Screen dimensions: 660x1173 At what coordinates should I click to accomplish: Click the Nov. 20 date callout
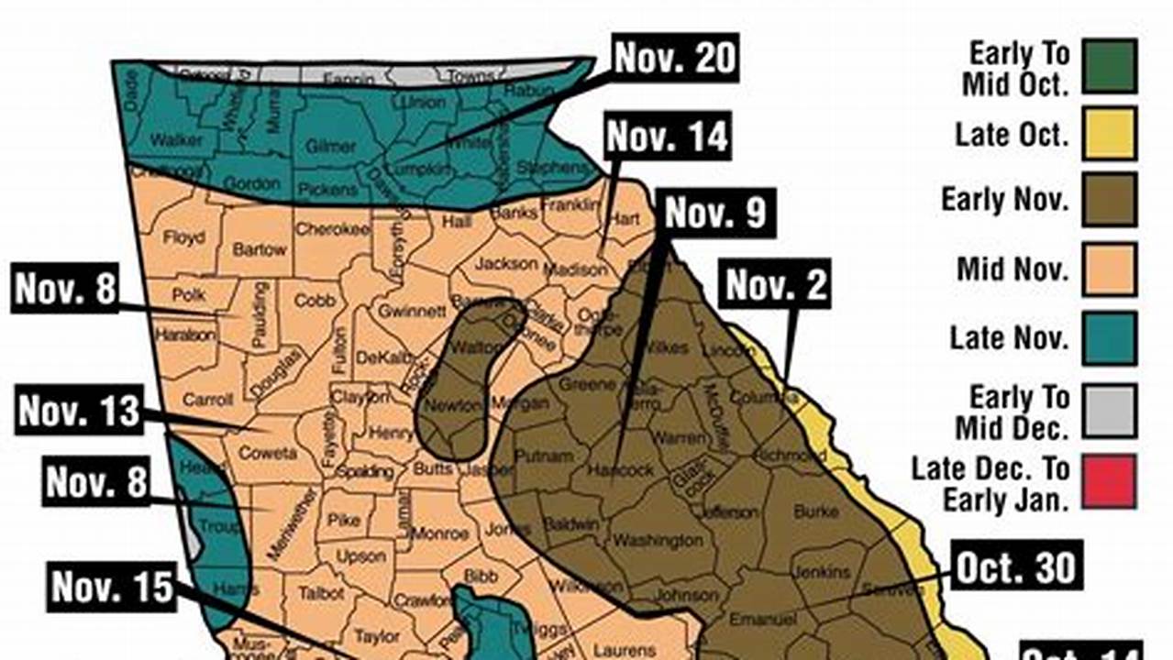click(675, 57)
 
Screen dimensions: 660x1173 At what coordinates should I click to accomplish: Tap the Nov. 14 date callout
click(667, 137)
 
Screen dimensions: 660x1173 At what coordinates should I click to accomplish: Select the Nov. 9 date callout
click(714, 212)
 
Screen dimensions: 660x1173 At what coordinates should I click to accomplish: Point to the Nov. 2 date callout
click(777, 285)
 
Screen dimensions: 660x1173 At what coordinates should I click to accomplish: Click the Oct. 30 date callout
click(1016, 567)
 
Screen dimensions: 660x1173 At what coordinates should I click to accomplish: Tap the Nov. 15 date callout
click(112, 586)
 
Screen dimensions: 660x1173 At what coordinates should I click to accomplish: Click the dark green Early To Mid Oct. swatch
click(1109, 67)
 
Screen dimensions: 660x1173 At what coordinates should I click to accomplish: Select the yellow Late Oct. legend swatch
click(1109, 133)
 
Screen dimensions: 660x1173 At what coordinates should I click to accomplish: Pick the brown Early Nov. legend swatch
click(1109, 200)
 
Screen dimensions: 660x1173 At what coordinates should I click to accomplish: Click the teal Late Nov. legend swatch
click(1109, 337)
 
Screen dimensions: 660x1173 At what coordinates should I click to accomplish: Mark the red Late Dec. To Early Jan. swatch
click(1109, 481)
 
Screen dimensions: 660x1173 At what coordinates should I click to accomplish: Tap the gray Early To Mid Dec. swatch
click(1109, 412)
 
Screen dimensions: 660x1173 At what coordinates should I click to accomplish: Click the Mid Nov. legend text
click(1013, 269)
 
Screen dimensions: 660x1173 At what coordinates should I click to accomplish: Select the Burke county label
click(815, 511)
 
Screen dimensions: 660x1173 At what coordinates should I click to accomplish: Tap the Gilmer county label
click(330, 146)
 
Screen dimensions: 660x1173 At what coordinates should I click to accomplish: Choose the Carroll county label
click(208, 399)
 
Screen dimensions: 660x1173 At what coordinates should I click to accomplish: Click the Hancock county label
click(622, 469)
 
